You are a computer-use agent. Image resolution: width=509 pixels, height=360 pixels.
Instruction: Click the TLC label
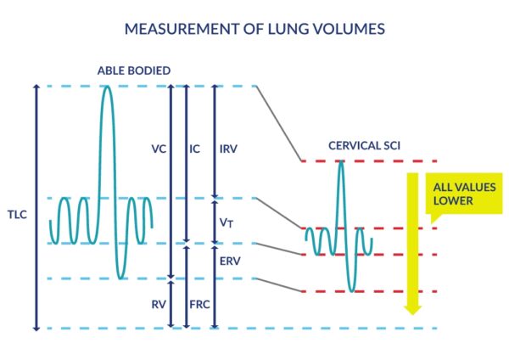(17, 215)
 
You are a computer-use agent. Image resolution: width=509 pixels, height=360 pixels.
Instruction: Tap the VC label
(159, 149)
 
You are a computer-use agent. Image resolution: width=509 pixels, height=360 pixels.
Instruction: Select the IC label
(195, 149)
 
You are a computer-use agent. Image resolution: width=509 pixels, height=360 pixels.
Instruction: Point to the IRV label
(228, 149)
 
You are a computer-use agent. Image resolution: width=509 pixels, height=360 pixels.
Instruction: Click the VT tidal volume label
(227, 222)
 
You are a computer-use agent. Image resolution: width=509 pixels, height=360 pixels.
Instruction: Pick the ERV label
(230, 262)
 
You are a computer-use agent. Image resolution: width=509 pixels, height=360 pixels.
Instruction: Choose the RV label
(159, 305)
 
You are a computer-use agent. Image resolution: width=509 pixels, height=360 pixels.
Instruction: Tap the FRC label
(199, 305)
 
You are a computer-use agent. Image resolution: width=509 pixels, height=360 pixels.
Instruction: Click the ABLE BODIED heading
(134, 70)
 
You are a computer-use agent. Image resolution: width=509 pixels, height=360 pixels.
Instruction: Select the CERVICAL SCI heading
(364, 145)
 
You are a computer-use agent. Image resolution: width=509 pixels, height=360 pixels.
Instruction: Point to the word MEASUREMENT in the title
(182, 29)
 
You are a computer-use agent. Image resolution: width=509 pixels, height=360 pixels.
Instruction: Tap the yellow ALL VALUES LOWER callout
(464, 194)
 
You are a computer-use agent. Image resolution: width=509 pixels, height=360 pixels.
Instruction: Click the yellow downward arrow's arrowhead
(412, 310)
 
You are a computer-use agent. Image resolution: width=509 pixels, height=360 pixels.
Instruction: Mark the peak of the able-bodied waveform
(108, 87)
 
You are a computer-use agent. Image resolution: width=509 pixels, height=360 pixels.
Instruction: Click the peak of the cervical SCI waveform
(340, 161)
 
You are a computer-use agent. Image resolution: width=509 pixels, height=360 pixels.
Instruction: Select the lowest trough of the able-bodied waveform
(120, 278)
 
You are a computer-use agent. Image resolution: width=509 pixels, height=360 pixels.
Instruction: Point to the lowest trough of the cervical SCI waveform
(352, 290)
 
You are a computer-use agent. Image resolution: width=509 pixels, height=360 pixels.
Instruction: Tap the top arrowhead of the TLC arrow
(36, 87)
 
